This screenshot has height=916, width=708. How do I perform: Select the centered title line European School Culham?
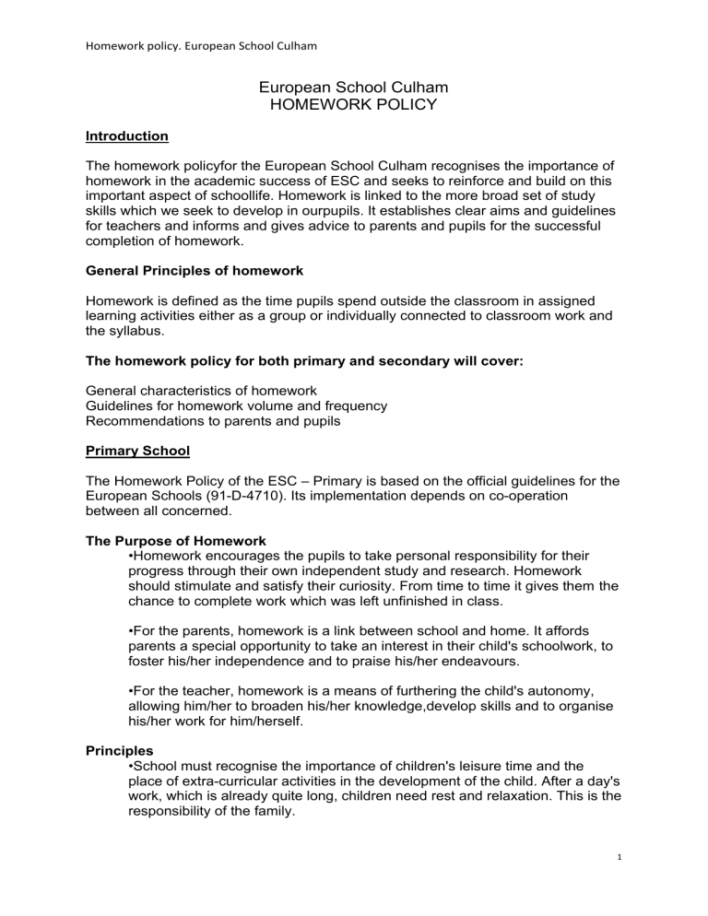point(354,88)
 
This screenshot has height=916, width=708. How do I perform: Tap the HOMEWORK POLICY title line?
point(354,107)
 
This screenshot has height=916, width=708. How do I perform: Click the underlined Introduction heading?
point(126,136)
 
